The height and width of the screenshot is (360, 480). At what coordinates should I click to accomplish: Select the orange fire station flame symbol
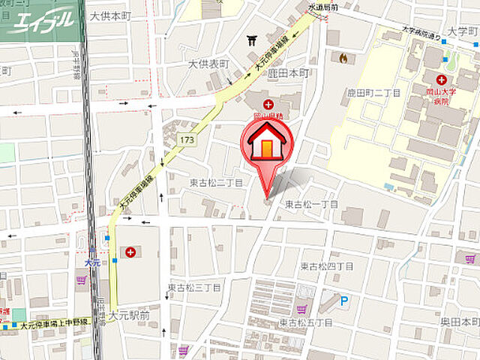tap(343, 57)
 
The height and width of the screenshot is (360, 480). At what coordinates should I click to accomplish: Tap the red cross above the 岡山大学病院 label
tap(441, 79)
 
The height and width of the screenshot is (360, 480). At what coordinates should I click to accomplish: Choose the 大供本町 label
tap(110, 16)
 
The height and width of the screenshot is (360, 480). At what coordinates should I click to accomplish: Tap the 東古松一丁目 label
tap(311, 204)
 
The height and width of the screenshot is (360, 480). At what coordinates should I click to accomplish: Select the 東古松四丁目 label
tap(327, 266)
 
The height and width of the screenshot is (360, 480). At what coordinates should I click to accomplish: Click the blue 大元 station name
tap(92, 263)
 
